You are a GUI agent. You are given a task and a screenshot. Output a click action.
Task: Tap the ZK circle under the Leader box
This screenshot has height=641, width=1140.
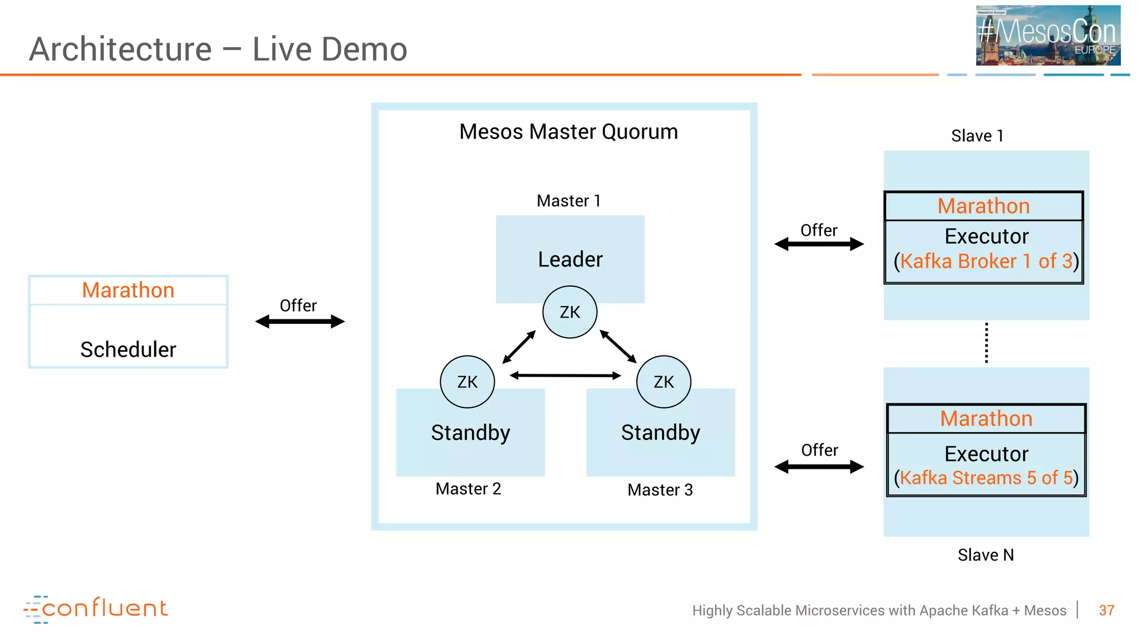[x=570, y=312]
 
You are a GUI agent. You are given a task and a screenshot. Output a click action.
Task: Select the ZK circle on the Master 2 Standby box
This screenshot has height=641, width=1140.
[x=468, y=382]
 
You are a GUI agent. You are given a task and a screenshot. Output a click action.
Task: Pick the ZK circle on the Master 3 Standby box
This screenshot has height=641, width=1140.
[x=664, y=382]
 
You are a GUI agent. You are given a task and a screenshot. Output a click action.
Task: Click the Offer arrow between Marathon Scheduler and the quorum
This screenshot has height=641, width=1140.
[x=300, y=322]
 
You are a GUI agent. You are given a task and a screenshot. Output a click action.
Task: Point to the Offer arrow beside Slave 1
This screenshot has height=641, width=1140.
[x=819, y=244]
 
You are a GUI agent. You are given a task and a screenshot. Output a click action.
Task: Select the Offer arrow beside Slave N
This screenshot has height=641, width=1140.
[x=819, y=467]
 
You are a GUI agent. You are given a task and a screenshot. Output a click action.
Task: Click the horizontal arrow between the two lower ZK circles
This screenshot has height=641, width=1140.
[x=566, y=376]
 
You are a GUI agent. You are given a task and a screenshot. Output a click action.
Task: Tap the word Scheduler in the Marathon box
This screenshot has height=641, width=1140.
[x=128, y=349]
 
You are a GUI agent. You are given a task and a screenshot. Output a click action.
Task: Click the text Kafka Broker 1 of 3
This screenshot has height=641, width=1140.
[x=986, y=261]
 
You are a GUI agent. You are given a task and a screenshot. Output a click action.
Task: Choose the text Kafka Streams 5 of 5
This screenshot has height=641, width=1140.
[x=986, y=478]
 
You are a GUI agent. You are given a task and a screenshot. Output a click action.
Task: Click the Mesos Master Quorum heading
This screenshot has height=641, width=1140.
[x=568, y=132]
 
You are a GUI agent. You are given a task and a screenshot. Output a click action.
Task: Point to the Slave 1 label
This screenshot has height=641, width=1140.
[x=977, y=136]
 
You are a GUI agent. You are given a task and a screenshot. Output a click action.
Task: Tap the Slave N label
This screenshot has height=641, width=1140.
[x=985, y=555]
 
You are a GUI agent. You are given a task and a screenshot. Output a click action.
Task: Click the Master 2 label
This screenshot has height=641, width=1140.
[x=468, y=489]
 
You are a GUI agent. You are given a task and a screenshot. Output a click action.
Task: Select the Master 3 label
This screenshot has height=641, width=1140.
[x=660, y=490]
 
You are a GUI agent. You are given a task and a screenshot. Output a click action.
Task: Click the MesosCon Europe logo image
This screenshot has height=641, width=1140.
[x=1048, y=35]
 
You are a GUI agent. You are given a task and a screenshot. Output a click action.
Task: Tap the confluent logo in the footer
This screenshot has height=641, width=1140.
[x=96, y=609]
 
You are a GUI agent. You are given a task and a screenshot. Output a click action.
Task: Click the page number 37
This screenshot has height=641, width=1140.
[x=1106, y=610]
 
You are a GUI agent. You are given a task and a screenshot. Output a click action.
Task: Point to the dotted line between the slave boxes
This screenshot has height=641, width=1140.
[x=986, y=343]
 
